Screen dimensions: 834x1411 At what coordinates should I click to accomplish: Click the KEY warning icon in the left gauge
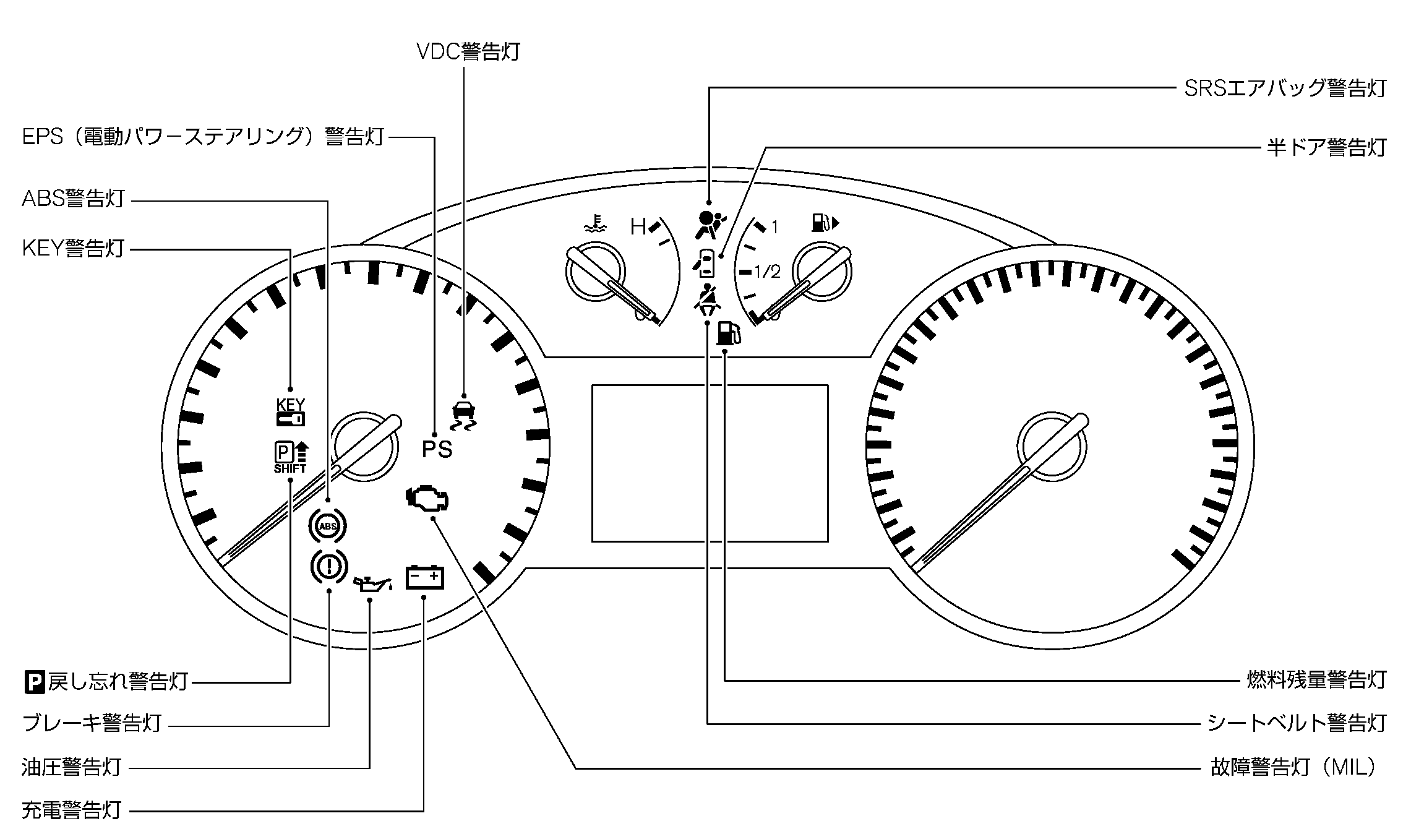(290, 412)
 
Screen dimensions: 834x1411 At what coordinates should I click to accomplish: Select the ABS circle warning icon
(327, 527)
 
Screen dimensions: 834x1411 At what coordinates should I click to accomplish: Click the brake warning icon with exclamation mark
(328, 566)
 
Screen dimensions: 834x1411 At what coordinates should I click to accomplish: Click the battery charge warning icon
(424, 577)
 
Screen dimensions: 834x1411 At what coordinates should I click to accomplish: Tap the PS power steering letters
(437, 449)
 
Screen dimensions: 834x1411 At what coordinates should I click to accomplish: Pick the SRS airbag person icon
(709, 225)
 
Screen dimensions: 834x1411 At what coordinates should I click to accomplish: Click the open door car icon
(705, 262)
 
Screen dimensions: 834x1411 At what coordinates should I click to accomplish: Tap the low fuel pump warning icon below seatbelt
(727, 333)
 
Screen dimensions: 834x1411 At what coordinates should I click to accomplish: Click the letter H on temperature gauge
(637, 227)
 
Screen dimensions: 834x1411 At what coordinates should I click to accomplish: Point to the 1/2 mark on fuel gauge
(767, 271)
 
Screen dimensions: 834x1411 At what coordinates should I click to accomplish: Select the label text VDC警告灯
(468, 52)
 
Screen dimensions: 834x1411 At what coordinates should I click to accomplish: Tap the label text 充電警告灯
(71, 810)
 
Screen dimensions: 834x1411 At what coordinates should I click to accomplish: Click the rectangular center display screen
(710, 463)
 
